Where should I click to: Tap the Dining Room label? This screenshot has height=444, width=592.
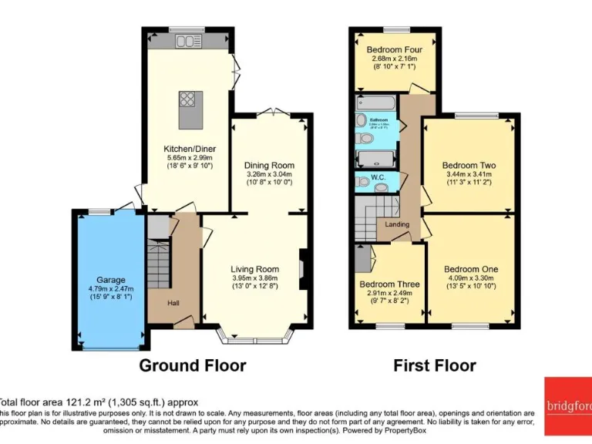(x=269, y=166)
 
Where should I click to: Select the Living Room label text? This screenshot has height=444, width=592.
(x=255, y=269)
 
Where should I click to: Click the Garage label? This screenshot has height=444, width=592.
(x=110, y=280)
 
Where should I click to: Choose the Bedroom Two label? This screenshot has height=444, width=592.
(x=469, y=166)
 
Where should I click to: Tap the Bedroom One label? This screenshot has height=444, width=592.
(x=470, y=269)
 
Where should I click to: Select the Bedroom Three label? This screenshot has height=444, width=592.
(x=389, y=284)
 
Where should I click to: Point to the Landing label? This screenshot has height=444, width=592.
(x=397, y=224)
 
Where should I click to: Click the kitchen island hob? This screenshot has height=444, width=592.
(x=187, y=99)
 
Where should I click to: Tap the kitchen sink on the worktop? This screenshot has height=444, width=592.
(x=187, y=40)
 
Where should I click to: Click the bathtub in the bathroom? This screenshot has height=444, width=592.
(x=376, y=103)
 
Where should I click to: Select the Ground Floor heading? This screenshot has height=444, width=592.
(x=193, y=365)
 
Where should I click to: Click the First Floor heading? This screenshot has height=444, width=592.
(x=435, y=365)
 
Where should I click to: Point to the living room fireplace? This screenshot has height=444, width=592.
(x=304, y=270)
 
